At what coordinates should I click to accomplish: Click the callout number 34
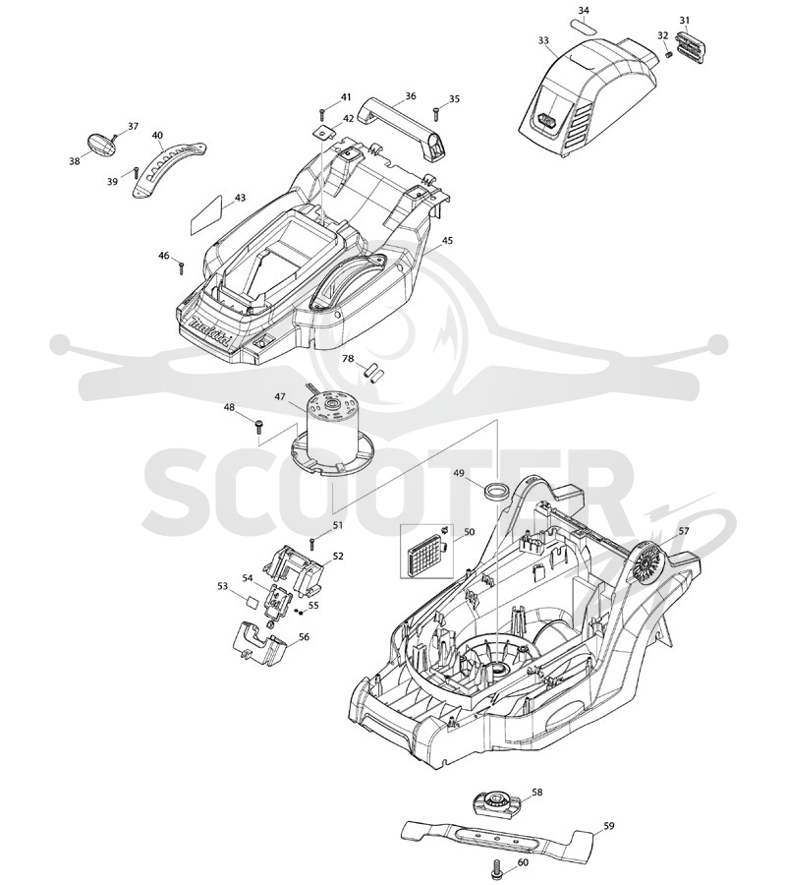pos(584,11)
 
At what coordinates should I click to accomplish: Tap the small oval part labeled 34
pos(583,28)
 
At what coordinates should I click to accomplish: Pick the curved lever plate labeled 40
pos(168,167)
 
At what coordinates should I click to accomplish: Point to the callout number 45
pos(447,241)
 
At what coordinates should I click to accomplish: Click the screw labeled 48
pos(258,425)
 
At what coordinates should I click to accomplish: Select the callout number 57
pos(684,531)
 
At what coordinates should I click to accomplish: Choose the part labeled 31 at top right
pos(691,45)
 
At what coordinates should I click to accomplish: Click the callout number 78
pos(348,359)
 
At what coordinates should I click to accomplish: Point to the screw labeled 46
pos(181,267)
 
